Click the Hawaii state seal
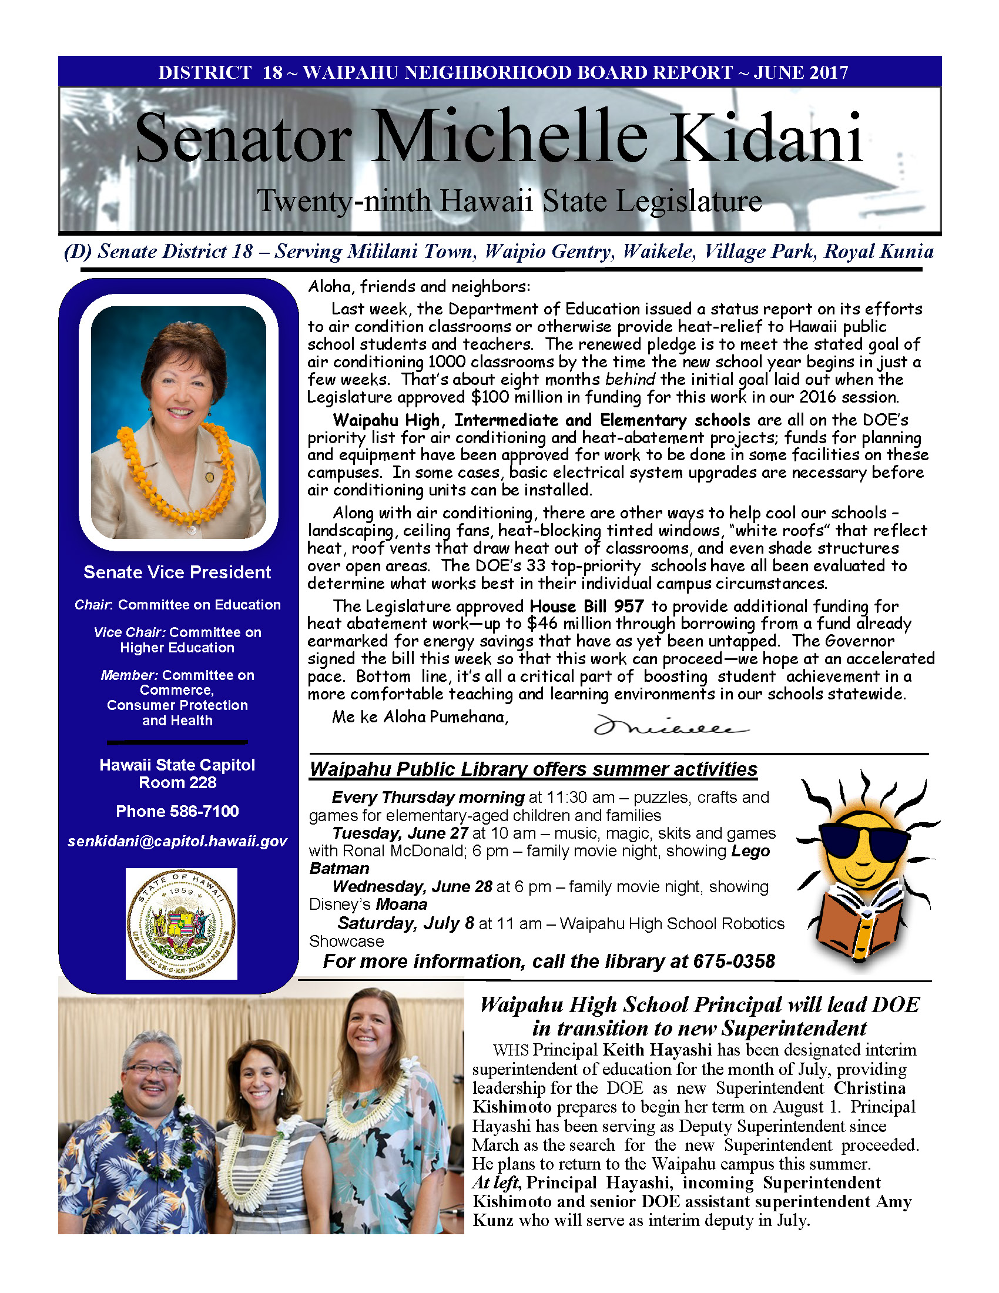(x=181, y=923)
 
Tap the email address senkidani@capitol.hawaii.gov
(x=177, y=840)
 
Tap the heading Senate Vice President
(x=177, y=572)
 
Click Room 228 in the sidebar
(x=177, y=782)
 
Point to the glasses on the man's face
(x=151, y=1070)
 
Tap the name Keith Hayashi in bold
(x=656, y=1050)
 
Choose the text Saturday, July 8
(x=405, y=923)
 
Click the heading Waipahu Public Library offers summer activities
(x=532, y=769)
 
